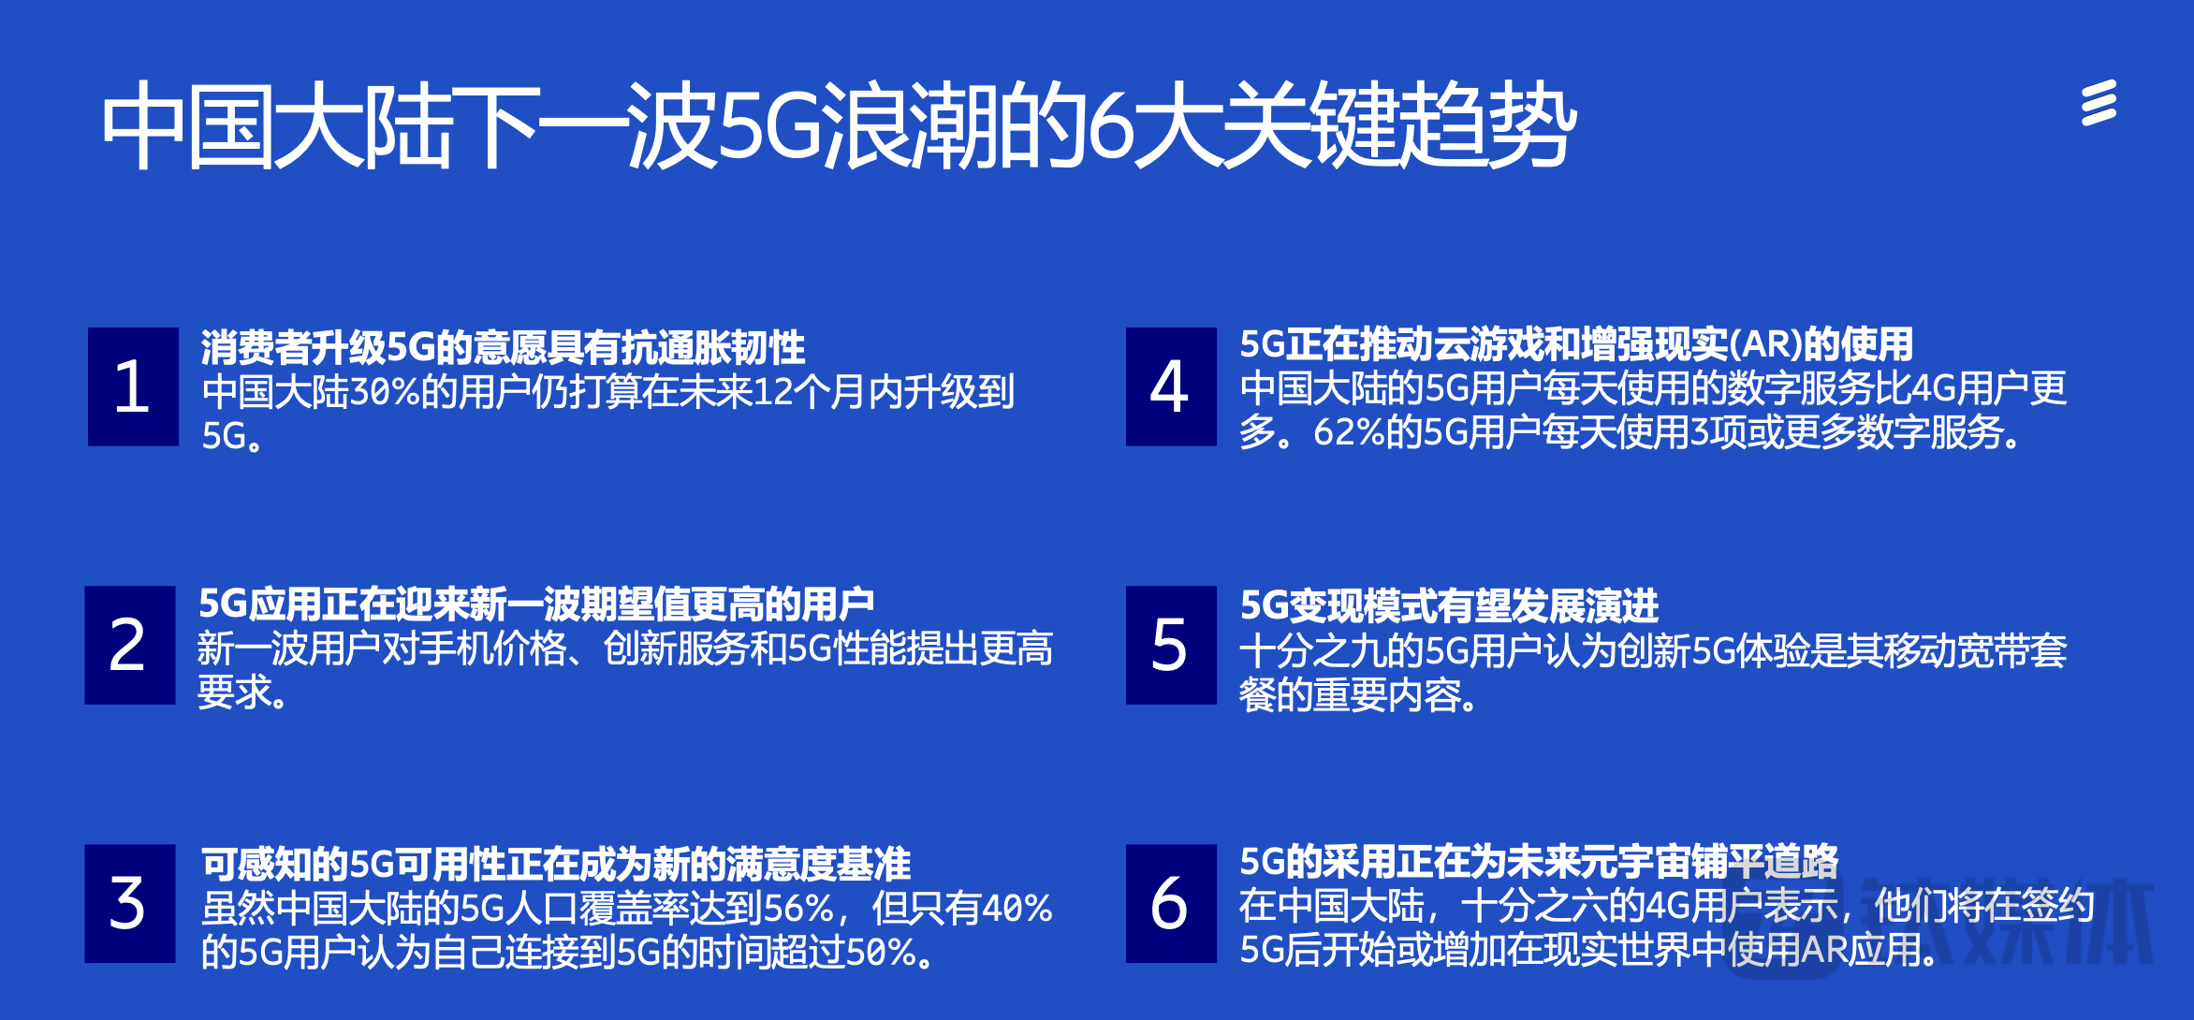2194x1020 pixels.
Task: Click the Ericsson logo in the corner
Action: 2099,103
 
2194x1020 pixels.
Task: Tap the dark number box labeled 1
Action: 133,386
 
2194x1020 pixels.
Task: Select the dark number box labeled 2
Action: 130,645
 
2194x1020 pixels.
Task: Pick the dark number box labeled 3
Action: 130,903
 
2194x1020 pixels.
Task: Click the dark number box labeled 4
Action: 1171,386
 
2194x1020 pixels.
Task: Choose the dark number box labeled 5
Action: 1171,645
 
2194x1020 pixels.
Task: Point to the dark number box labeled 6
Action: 1171,903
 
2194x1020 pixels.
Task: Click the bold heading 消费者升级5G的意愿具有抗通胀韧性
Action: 503,347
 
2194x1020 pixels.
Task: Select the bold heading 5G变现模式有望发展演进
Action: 1449,605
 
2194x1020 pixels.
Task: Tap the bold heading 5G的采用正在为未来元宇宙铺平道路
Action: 1539,862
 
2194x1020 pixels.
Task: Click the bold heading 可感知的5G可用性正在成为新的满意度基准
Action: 556,864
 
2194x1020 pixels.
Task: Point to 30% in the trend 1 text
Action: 385,392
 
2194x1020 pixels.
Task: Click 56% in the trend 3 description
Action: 798,909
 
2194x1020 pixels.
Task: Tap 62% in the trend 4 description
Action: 1349,433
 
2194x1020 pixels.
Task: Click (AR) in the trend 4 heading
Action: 1765,345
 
